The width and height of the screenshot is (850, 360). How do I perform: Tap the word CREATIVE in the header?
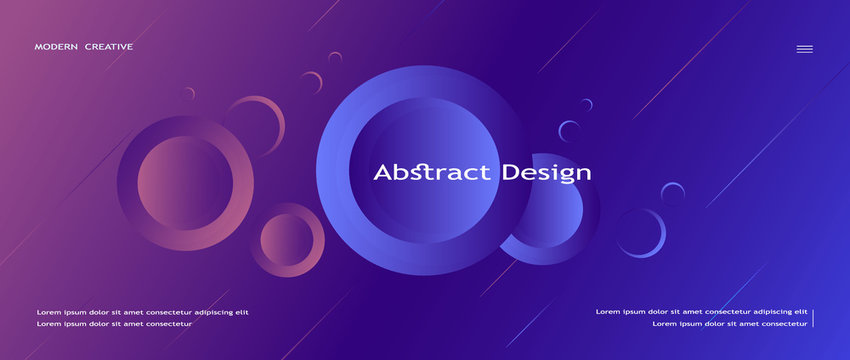(x=109, y=47)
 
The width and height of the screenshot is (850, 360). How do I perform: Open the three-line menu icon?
(x=804, y=49)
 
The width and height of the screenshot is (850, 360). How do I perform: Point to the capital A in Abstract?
(x=382, y=173)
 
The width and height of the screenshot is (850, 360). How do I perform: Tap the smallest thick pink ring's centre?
(x=287, y=240)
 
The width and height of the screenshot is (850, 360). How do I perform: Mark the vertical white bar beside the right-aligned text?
(x=813, y=318)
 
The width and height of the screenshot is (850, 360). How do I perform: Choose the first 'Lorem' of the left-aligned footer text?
(x=47, y=312)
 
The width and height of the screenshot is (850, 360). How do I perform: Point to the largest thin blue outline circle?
(x=641, y=233)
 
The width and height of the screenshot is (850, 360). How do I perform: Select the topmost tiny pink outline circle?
(x=335, y=58)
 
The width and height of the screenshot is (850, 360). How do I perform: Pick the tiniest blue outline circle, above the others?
(x=587, y=104)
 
